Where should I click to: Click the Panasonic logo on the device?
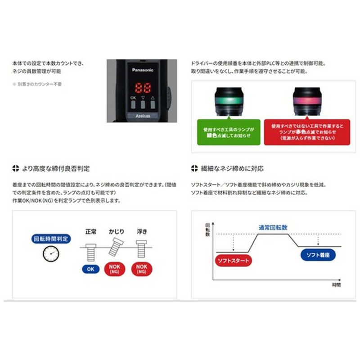(143, 70)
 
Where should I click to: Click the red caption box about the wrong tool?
(306, 131)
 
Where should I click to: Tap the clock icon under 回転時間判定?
(51, 254)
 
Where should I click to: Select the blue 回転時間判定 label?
(51, 238)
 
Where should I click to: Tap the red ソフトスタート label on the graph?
(233, 261)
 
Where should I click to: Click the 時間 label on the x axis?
(337, 285)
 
